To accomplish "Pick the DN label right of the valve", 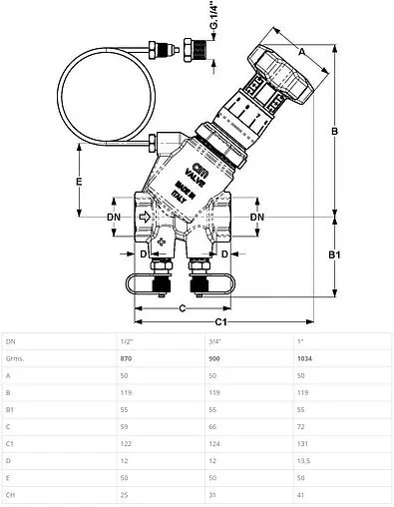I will click(256, 217).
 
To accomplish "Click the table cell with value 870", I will click(127, 357).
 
